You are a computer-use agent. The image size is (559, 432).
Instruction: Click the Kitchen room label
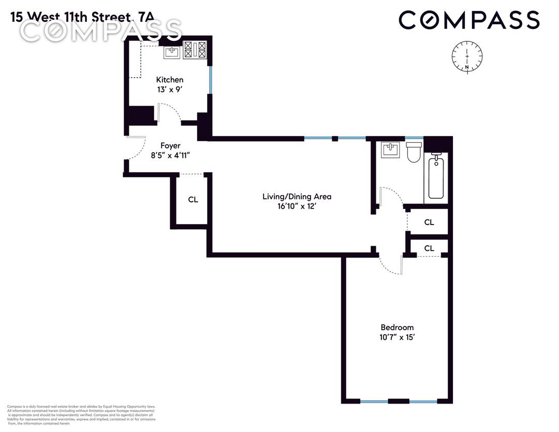(170, 80)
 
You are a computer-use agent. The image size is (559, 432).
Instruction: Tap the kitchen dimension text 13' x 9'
(170, 90)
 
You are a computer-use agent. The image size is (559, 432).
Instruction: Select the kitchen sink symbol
(172, 52)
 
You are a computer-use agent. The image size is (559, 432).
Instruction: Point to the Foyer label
(170, 146)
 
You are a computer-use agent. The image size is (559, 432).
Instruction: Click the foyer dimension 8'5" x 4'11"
(170, 155)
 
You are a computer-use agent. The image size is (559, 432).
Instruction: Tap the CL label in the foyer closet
(193, 200)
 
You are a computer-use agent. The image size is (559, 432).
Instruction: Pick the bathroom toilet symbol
(414, 152)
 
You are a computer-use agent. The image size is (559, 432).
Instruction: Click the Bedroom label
(397, 327)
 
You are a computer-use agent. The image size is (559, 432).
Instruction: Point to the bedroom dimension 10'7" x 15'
(397, 337)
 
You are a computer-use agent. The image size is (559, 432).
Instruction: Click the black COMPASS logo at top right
(469, 21)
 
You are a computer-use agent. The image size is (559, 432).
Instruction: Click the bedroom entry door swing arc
(388, 266)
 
